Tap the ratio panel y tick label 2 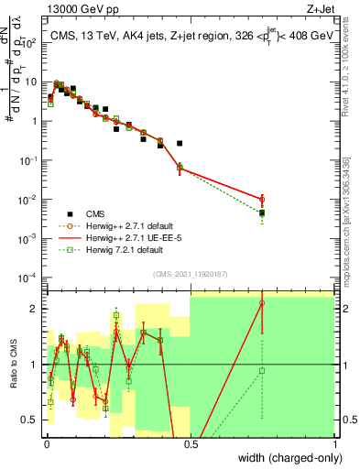35,309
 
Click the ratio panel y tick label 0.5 31,420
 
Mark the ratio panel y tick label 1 35,365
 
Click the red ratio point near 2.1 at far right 262,302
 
